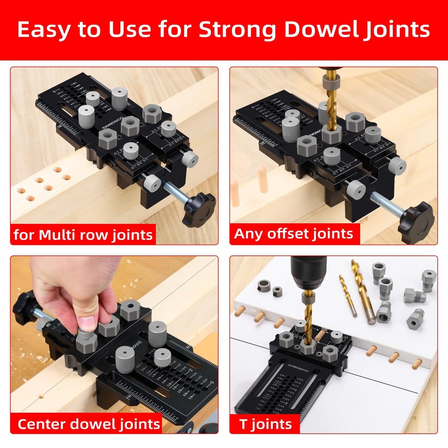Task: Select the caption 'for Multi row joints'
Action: (83, 235)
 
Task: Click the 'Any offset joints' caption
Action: (294, 233)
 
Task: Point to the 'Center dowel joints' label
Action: (88, 423)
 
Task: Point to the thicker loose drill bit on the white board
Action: (362, 291)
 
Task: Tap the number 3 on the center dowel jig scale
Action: (207, 382)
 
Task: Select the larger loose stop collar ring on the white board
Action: (264, 285)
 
